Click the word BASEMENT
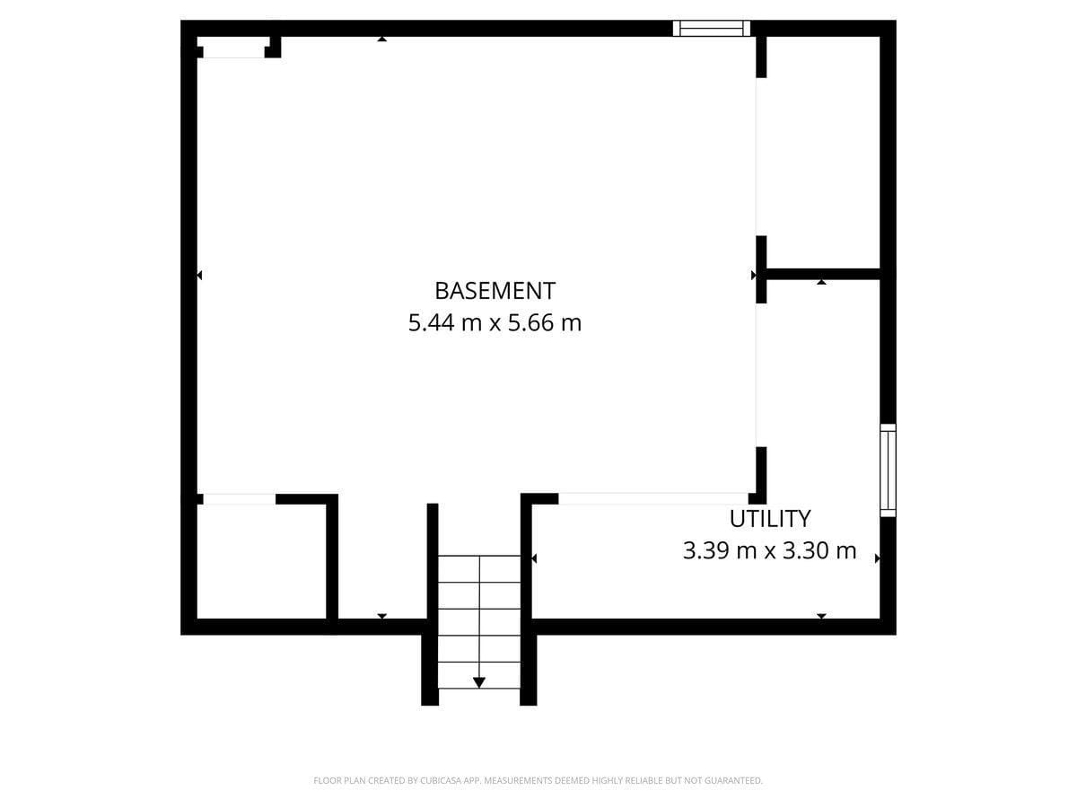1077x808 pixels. [495, 291]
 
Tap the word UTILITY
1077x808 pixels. [769, 519]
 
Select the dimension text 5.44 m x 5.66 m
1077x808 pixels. [495, 322]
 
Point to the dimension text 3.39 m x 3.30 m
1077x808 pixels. [769, 550]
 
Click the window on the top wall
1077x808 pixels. [712, 28]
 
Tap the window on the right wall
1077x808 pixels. [888, 470]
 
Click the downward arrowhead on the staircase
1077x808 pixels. [479, 682]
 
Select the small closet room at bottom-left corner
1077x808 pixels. [260, 561]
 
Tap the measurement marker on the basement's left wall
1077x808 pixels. [199, 275]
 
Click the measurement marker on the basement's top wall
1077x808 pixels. [381, 39]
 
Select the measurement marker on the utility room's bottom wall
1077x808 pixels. [821, 616]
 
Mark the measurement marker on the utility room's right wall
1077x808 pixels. [877, 558]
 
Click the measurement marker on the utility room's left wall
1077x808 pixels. [534, 558]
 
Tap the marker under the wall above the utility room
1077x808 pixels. [821, 283]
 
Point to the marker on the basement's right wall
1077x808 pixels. [754, 275]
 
